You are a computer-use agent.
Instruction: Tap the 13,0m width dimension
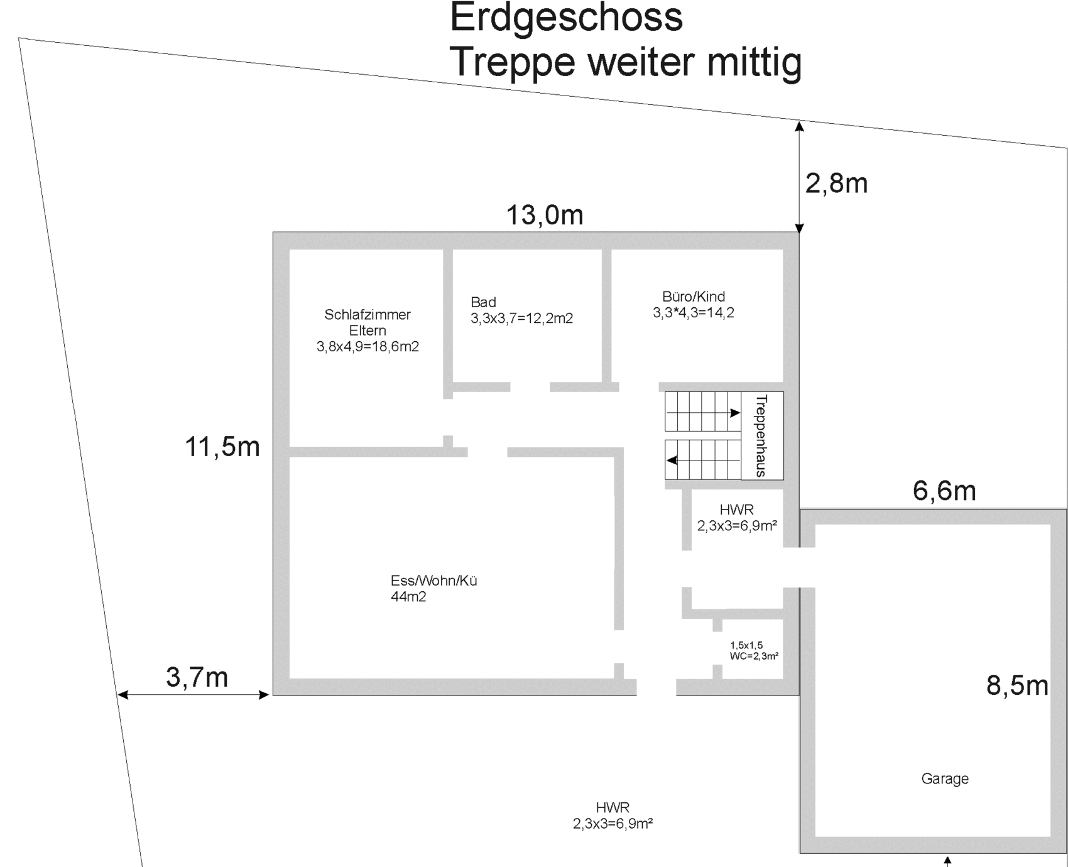pyautogui.click(x=545, y=215)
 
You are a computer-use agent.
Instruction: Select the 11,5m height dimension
pyautogui.click(x=222, y=447)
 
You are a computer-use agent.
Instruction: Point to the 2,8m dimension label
pyautogui.click(x=836, y=183)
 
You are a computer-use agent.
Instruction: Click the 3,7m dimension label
pyautogui.click(x=197, y=677)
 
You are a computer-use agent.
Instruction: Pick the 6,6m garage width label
pyautogui.click(x=944, y=491)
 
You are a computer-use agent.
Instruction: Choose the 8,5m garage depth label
pyautogui.click(x=1017, y=685)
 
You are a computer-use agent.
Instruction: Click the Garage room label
pyautogui.click(x=945, y=779)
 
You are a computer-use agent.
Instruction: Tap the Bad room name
pyautogui.click(x=483, y=302)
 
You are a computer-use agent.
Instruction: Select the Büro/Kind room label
pyautogui.click(x=694, y=297)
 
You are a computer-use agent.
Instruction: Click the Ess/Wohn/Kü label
pyautogui.click(x=434, y=581)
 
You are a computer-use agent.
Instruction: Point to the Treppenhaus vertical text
pyautogui.click(x=761, y=435)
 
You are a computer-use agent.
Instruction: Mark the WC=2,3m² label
pyautogui.click(x=754, y=656)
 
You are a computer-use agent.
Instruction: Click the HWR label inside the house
pyautogui.click(x=736, y=510)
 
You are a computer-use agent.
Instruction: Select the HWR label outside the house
pyautogui.click(x=613, y=807)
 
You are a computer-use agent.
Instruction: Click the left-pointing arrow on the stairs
pyautogui.click(x=703, y=461)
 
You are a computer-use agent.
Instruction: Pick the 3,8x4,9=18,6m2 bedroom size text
pyautogui.click(x=368, y=346)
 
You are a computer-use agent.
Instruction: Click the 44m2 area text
pyautogui.click(x=408, y=597)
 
